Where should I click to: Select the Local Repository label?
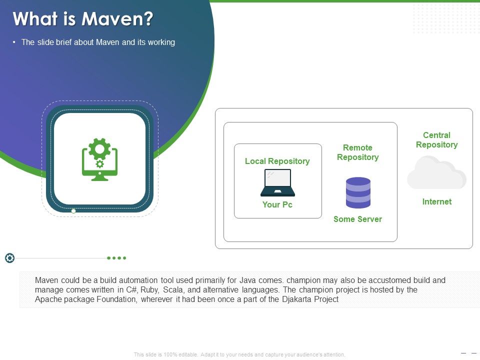coord(277,161)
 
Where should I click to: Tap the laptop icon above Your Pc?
coord(277,182)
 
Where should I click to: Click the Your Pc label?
coord(277,204)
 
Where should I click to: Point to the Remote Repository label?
coord(357,152)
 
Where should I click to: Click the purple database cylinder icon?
coord(358,192)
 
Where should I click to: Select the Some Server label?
coord(357,219)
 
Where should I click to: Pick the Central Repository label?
coord(436,140)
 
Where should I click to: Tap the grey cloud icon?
coord(436,173)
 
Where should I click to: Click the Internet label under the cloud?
coord(436,201)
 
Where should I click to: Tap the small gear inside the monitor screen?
coord(99,163)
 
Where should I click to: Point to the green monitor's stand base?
coord(99,178)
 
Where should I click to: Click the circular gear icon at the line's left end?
coord(9,258)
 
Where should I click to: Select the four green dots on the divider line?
coord(116,258)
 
